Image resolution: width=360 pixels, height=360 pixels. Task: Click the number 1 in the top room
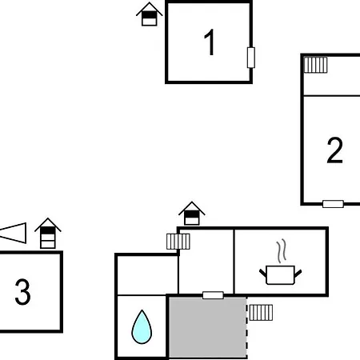coord(210,42)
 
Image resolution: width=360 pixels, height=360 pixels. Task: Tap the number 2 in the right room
coord(334,150)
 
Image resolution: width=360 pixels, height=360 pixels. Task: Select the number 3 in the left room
coord(22,292)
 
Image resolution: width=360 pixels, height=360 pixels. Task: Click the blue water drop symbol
coord(142,326)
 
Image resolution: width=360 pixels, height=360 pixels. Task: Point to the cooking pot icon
coord(281,274)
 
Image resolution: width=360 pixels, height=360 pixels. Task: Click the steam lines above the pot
coord(281,250)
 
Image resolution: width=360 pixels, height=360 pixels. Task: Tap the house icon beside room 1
coord(150,14)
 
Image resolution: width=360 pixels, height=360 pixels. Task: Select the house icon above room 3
coord(48,234)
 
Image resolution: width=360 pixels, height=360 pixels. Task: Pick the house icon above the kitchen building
coord(192,214)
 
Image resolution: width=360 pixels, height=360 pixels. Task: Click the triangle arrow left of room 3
coord(14,233)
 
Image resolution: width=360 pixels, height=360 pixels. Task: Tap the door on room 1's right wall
coord(251,58)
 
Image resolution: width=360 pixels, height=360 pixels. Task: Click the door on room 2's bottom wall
coord(333,204)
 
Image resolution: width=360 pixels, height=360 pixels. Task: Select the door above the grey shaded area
coord(213,295)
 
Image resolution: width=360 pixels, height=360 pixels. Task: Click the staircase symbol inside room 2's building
coord(316,65)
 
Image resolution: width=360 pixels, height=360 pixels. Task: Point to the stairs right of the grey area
coord(261,313)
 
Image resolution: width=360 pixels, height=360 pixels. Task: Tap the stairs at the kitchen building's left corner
coord(178,242)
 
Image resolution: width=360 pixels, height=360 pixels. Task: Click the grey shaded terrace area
coord(208,327)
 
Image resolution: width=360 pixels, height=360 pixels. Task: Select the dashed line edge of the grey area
coord(246,328)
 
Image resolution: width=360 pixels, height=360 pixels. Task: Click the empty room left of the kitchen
coord(206,261)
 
